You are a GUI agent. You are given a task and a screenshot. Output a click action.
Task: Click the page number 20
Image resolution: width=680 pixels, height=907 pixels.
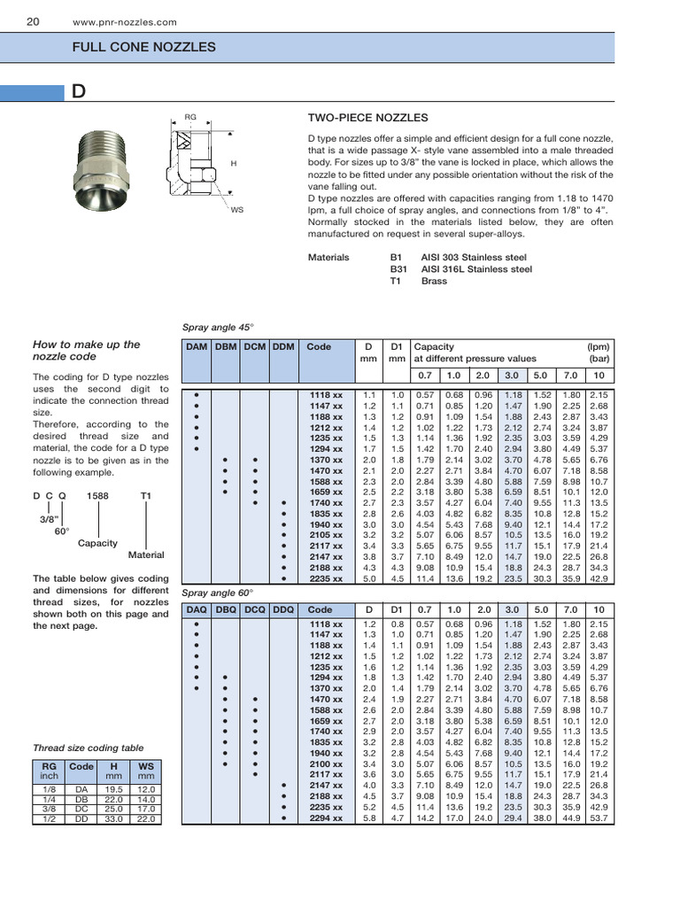tap(32, 21)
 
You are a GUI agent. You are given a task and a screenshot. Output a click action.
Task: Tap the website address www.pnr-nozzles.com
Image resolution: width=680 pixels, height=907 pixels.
tap(124, 22)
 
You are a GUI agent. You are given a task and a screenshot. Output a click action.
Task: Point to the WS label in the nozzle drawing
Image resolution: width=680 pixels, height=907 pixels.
tap(236, 210)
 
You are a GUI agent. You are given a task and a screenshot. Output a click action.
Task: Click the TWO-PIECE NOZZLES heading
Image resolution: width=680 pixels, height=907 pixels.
tap(367, 118)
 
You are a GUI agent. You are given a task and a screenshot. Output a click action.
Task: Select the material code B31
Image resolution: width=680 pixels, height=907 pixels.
tap(398, 269)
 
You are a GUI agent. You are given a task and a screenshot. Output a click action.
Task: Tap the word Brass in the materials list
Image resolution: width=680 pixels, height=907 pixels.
tap(434, 281)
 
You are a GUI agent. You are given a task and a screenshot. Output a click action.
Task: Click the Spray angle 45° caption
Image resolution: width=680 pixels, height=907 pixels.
tap(217, 327)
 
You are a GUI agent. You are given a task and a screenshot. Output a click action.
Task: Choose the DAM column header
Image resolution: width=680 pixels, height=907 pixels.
tap(195, 347)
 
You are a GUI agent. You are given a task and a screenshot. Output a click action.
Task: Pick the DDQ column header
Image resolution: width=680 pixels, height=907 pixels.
tap(283, 609)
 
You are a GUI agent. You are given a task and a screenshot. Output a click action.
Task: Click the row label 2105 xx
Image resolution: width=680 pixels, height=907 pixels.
tap(326, 535)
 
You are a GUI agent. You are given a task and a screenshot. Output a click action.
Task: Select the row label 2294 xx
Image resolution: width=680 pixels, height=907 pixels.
tap(326, 818)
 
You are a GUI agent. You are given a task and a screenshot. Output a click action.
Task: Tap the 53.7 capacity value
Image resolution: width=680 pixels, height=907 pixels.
tap(599, 818)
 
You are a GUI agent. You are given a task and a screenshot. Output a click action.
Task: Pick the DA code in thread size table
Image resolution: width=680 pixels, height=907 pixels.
tap(81, 787)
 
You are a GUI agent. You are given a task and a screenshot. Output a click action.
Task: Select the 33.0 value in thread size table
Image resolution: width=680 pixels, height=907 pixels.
tap(113, 819)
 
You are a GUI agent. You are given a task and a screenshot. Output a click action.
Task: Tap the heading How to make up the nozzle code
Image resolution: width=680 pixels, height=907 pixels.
tap(87, 350)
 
